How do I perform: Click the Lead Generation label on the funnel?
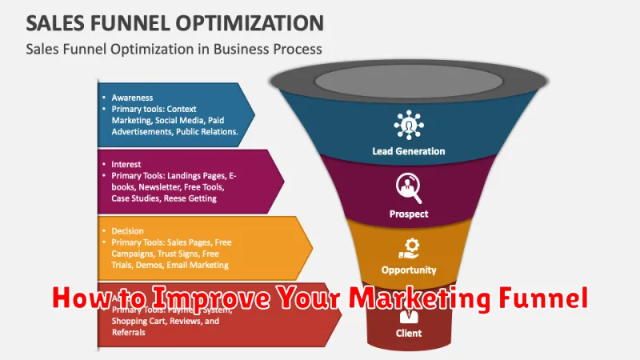409,150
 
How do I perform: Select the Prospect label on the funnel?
409,214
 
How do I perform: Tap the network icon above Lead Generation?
409,124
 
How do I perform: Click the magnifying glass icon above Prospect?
409,189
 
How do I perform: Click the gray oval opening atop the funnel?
410,80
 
